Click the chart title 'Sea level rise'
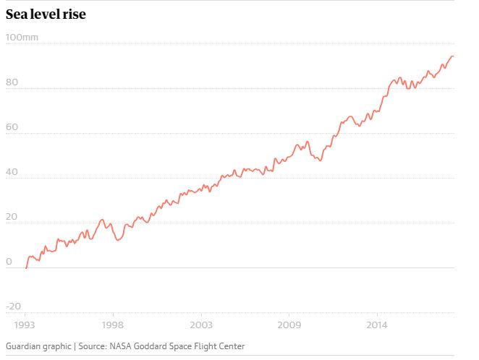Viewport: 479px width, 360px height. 46,14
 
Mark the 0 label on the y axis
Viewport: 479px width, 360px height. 9,261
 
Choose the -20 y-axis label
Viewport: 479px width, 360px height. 14,306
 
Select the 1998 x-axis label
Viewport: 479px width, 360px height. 111,325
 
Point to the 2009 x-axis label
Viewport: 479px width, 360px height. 289,325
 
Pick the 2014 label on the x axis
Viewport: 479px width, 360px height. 376,325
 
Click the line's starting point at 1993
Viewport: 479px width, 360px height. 26,267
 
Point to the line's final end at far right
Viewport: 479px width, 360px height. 454,56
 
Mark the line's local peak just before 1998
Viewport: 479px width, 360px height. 102,219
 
